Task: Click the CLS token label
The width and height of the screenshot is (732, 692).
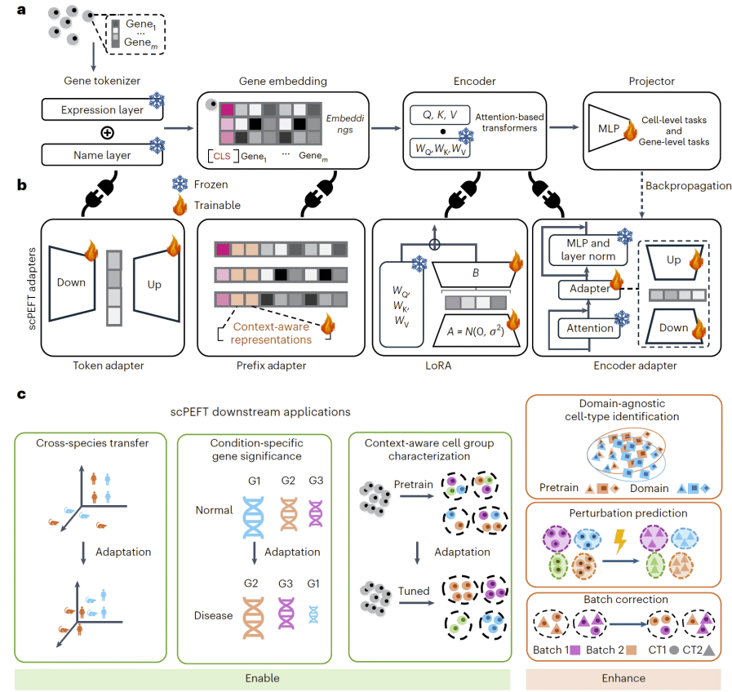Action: [221, 156]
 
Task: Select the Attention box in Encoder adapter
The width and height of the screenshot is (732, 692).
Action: [589, 328]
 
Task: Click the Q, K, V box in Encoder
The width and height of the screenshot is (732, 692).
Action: [440, 115]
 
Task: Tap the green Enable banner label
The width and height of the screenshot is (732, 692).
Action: [262, 678]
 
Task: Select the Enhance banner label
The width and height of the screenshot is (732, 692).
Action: [623, 678]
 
